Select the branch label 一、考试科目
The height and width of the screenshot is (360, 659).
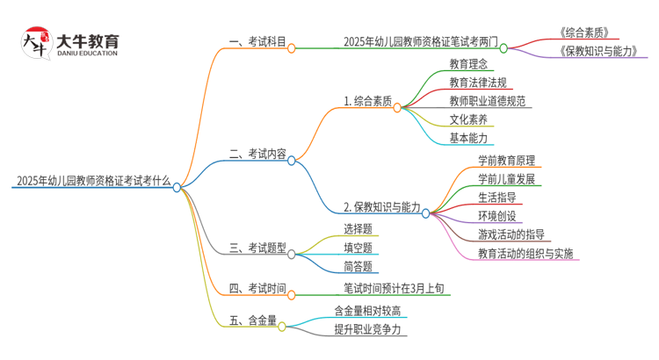point(257,41)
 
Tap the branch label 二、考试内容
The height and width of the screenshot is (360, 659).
point(257,155)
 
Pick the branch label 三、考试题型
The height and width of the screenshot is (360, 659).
point(257,248)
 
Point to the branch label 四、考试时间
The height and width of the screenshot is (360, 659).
point(257,287)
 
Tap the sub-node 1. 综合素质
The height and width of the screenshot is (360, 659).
point(367,102)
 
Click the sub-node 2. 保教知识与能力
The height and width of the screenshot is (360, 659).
point(381,207)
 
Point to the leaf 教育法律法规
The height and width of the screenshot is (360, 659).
point(478,83)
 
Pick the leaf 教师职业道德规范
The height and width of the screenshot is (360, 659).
point(489,101)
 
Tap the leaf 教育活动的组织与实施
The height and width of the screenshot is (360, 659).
point(525,254)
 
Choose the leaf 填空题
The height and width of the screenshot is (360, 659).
point(358,248)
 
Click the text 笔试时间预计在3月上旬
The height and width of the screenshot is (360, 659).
point(396,287)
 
